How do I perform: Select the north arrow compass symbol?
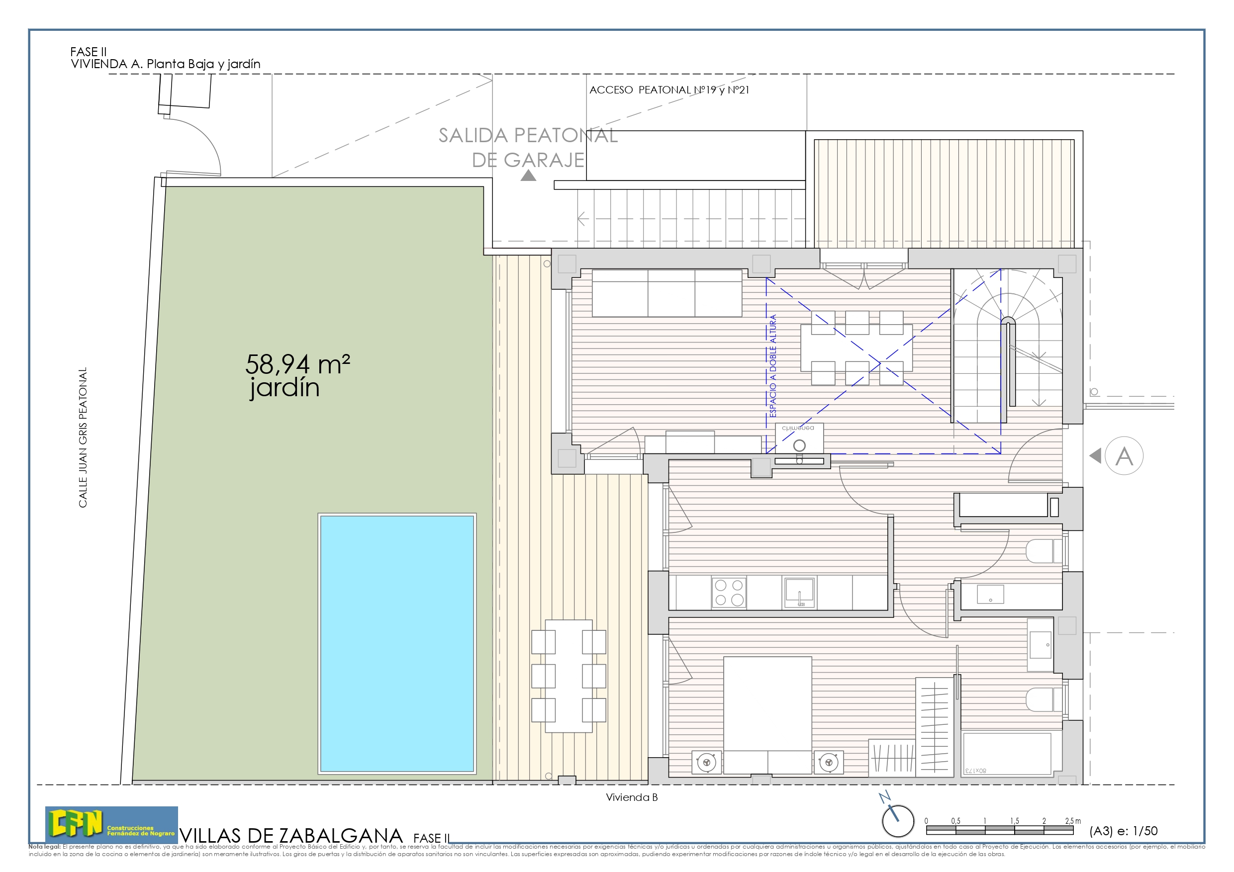click(x=898, y=820)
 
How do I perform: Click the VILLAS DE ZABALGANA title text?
click(x=291, y=836)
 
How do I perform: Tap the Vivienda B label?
click(x=632, y=797)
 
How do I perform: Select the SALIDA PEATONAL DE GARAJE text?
click(x=528, y=147)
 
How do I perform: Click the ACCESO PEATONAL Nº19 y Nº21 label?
click(x=668, y=89)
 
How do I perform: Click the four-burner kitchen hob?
click(x=729, y=592)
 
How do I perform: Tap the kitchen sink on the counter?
click(x=800, y=592)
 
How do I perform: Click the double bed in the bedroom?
click(x=767, y=714)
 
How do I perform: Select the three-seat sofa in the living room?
click(x=666, y=293)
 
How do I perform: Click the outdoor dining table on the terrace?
click(x=569, y=676)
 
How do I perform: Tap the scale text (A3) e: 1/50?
click(x=1123, y=831)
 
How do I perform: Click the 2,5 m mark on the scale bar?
click(x=1073, y=821)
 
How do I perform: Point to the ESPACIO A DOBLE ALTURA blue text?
click(x=773, y=365)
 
